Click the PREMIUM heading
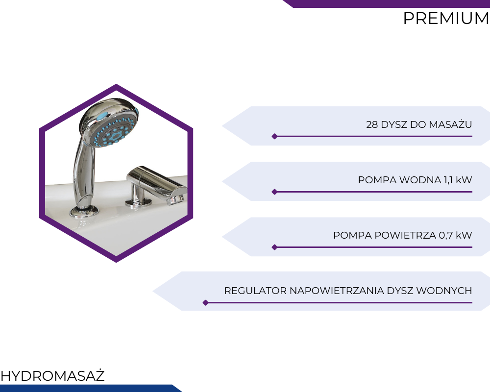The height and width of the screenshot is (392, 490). (x=446, y=18)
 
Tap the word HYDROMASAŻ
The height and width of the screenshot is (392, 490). (x=52, y=375)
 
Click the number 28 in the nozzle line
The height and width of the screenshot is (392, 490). (x=372, y=124)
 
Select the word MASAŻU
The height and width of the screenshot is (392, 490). (x=450, y=124)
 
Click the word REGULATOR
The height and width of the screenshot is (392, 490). (x=255, y=291)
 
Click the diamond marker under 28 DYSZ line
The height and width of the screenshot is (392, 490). (x=274, y=136)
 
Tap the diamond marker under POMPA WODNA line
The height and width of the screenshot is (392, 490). (x=274, y=192)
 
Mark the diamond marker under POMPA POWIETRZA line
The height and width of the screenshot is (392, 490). (x=274, y=247)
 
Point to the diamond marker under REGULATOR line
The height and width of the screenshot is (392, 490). (x=205, y=303)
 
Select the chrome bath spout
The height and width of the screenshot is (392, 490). (x=156, y=185)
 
